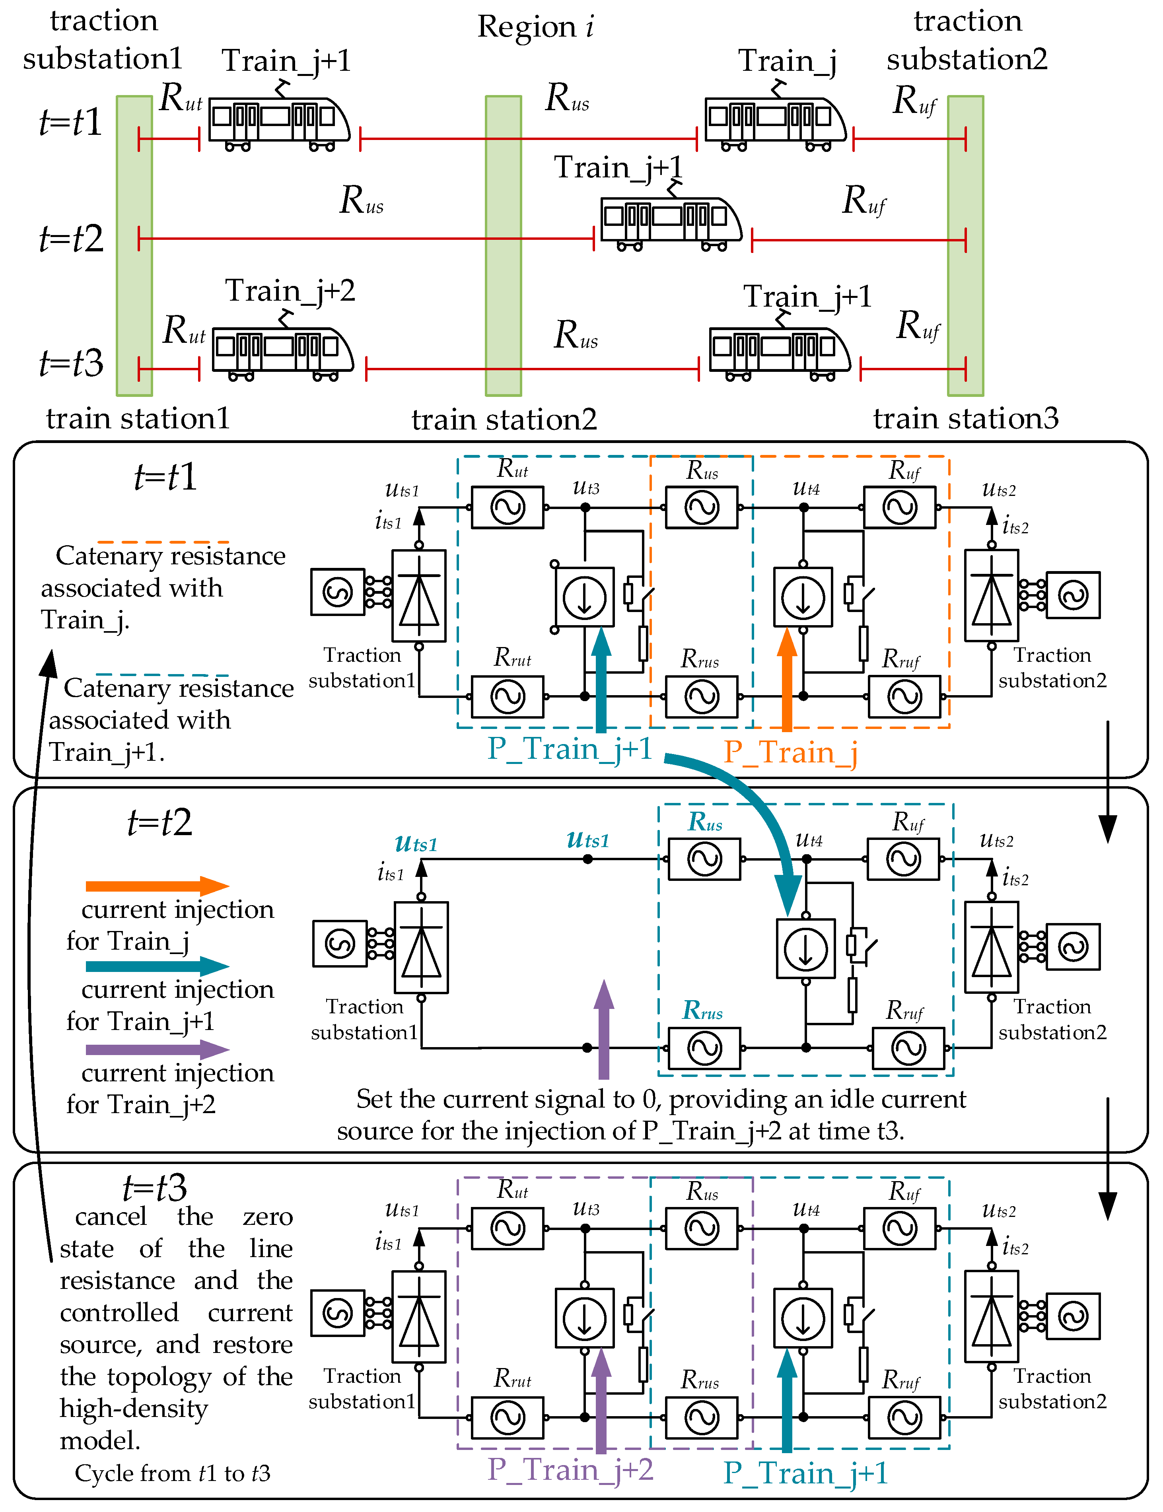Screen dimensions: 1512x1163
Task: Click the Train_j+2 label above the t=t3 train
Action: tap(290, 291)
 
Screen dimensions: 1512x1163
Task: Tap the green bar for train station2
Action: tap(503, 246)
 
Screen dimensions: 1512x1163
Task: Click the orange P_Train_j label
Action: tap(791, 752)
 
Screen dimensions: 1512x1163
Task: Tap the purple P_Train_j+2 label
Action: tap(570, 1469)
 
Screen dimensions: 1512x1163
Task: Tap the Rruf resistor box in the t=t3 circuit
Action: tap(904, 1418)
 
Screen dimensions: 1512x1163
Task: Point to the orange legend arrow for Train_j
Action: tap(157, 886)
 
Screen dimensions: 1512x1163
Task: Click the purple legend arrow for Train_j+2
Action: tap(157, 1050)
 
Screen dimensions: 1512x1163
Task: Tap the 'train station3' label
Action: tap(966, 419)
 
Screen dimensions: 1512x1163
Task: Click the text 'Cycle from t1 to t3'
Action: tap(172, 1473)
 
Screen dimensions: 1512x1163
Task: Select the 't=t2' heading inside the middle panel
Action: tap(160, 823)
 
